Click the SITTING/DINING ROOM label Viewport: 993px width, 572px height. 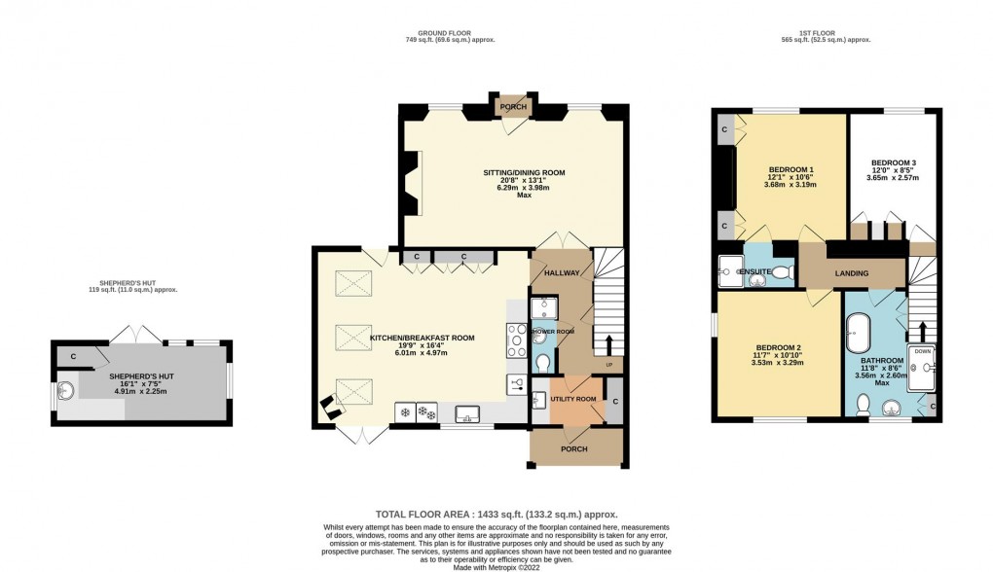524,173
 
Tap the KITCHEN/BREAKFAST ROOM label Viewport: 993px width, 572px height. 422,339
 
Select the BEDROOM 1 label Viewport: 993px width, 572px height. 791,170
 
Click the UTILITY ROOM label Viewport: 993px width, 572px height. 573,400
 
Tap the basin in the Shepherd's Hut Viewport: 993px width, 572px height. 65,391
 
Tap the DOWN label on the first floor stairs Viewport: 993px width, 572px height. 922,352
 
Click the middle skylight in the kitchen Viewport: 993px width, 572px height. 352,338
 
